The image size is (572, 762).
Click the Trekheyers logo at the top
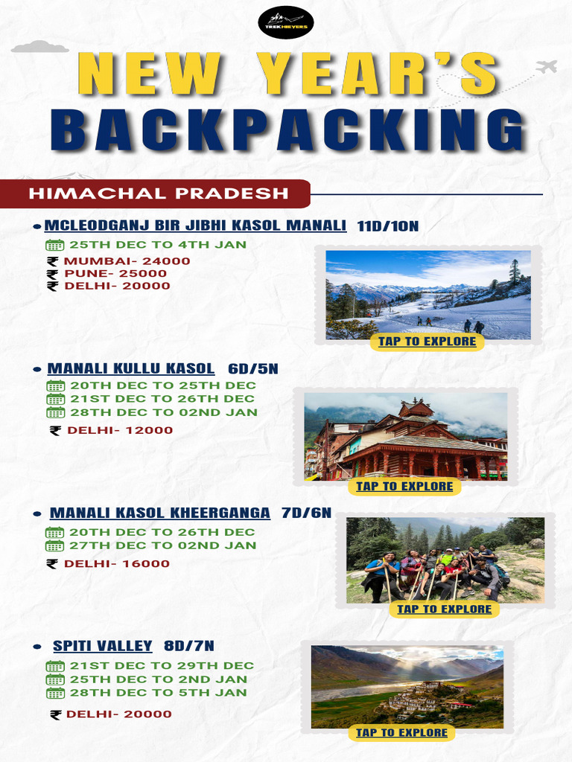286,23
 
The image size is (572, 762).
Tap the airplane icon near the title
546,67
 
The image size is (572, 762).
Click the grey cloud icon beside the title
39,48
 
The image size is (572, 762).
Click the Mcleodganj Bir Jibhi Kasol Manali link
195,225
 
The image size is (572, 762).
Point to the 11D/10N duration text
387,226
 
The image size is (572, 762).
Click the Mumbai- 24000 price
127,261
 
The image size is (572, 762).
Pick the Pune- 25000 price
115,273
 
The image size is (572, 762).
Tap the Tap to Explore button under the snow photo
427,342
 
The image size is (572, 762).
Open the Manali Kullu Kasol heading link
131,368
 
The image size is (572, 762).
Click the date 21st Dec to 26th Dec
162,399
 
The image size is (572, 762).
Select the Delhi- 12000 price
120,430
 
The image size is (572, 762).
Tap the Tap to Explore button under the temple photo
404,487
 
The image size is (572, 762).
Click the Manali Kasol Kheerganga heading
159,513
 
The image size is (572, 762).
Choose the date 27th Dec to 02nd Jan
162,545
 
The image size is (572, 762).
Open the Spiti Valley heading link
102,646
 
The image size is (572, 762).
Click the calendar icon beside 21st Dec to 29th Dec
55,666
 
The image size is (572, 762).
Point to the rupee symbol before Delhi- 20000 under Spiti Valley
55,714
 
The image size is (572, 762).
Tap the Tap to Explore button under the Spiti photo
401,733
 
